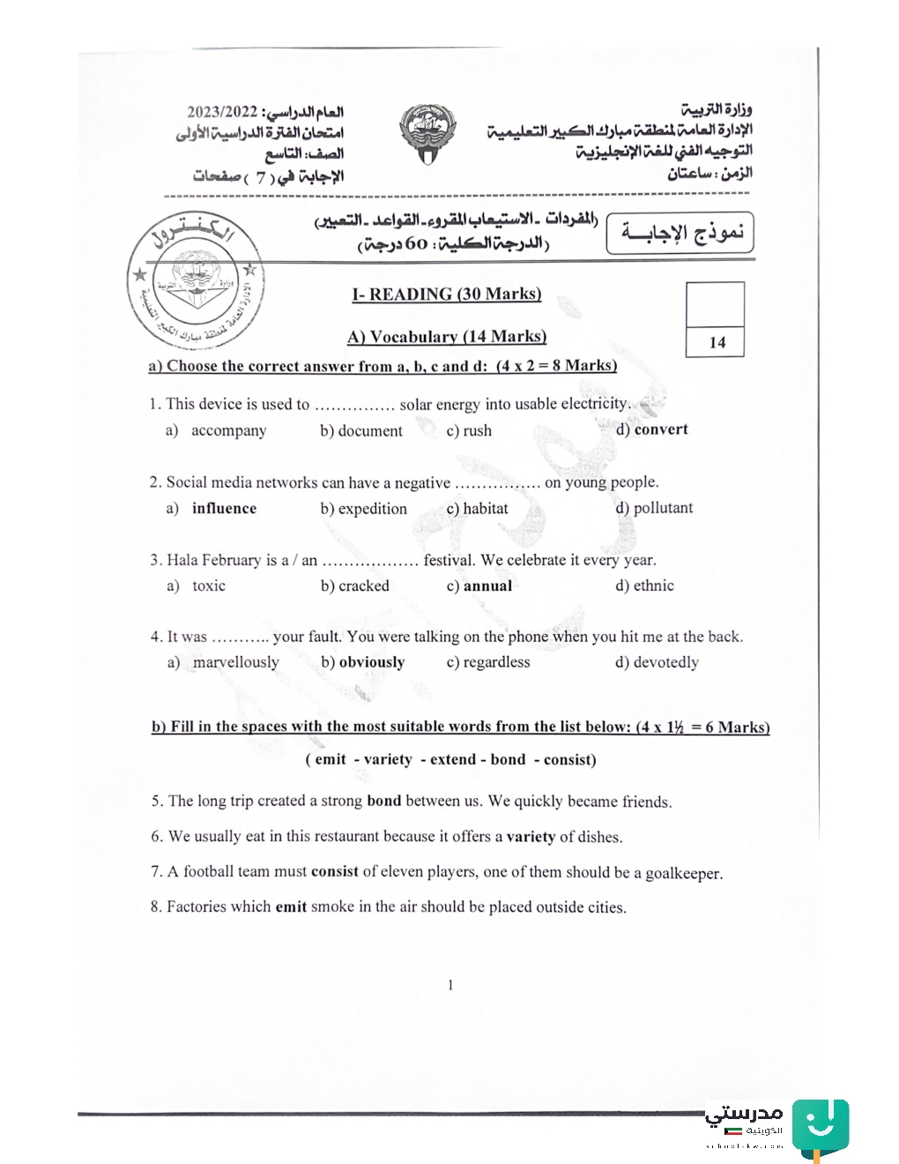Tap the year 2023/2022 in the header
click(221, 112)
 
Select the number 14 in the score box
click(717, 343)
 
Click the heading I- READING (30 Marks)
click(446, 295)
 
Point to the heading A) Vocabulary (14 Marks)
click(446, 337)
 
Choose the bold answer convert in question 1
click(660, 429)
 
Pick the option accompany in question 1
click(228, 430)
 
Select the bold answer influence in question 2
click(224, 509)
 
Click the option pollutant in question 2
click(662, 508)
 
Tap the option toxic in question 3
click(209, 586)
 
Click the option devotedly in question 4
click(665, 662)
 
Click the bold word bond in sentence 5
click(383, 801)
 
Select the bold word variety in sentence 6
click(531, 837)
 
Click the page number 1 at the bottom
click(450, 985)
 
